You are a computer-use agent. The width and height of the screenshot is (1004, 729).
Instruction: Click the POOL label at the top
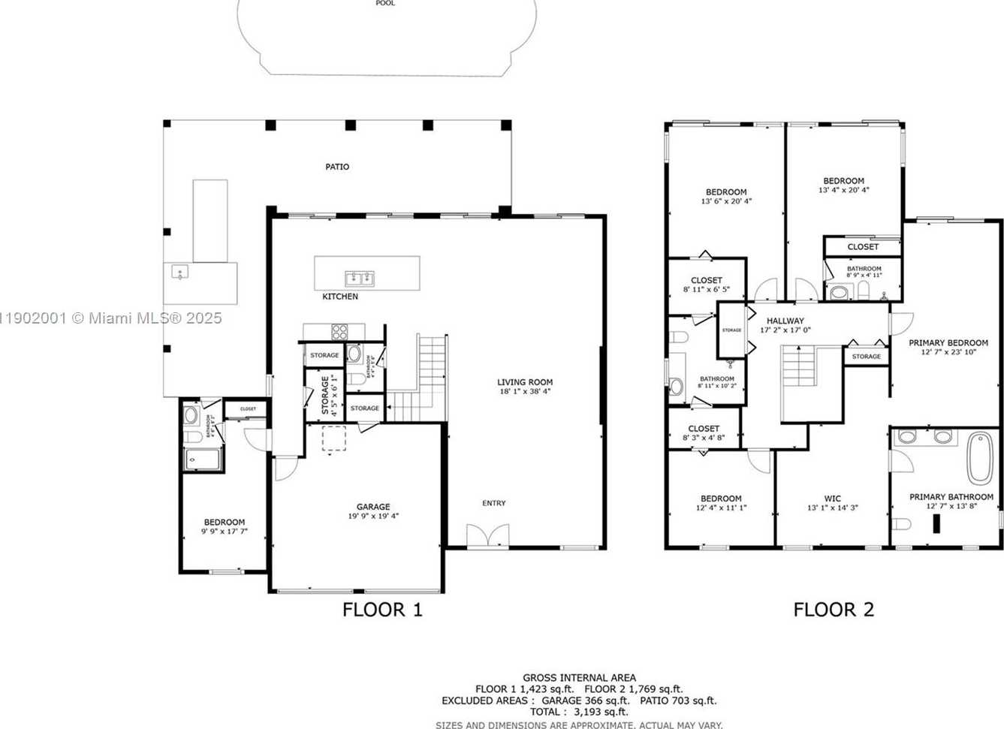point(385,4)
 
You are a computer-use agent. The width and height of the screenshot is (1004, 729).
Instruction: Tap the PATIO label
point(337,167)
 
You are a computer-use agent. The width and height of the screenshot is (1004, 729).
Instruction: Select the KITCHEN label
point(340,297)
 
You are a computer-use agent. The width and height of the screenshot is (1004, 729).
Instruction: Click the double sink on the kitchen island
point(360,279)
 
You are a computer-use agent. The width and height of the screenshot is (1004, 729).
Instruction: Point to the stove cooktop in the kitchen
point(339,331)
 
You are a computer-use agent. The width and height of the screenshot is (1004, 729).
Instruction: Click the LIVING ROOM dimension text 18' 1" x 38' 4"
point(525,391)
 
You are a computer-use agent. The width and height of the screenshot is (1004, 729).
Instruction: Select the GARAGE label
point(373,507)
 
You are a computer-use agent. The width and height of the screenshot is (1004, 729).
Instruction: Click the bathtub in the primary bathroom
point(978,457)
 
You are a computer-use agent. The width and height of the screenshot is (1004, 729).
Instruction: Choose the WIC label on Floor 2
point(832,499)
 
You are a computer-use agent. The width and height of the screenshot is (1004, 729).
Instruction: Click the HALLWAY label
point(785,321)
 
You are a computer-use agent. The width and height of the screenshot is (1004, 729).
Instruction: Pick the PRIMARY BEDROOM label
point(948,343)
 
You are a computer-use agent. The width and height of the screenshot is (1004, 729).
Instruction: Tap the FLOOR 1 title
point(382,610)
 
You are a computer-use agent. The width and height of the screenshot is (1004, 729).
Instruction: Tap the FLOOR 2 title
point(834,610)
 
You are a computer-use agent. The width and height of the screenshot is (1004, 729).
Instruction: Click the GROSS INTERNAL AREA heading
point(579,677)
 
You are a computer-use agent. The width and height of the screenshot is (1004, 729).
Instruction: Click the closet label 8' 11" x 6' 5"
point(706,289)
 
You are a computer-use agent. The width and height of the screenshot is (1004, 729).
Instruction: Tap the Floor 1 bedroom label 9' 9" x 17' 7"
point(224,531)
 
